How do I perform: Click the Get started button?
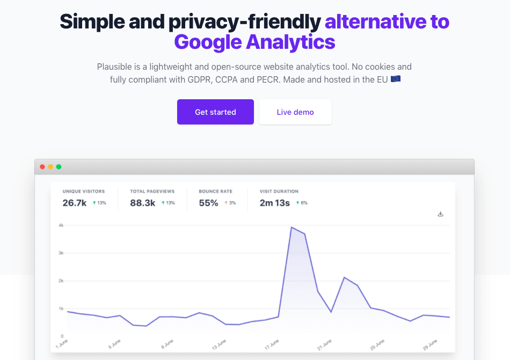click(x=215, y=112)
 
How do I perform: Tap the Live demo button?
click(x=295, y=112)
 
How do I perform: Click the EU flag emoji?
click(x=396, y=79)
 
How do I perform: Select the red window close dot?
click(x=42, y=167)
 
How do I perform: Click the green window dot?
click(x=59, y=167)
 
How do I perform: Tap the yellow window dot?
click(x=50, y=167)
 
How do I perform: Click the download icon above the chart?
click(x=441, y=214)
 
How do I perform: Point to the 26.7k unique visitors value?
click(x=75, y=203)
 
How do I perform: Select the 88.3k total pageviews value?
click(x=143, y=203)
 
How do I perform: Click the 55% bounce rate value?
click(x=208, y=203)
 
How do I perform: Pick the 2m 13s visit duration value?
click(x=275, y=203)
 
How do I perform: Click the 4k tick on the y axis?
click(x=61, y=225)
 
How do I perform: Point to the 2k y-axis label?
click(x=61, y=281)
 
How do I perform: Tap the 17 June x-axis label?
click(x=272, y=344)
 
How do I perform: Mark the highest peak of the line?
click(x=292, y=227)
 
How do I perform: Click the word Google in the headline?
click(x=207, y=42)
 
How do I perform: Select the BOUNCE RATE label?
click(x=215, y=192)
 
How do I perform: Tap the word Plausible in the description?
click(x=114, y=67)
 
